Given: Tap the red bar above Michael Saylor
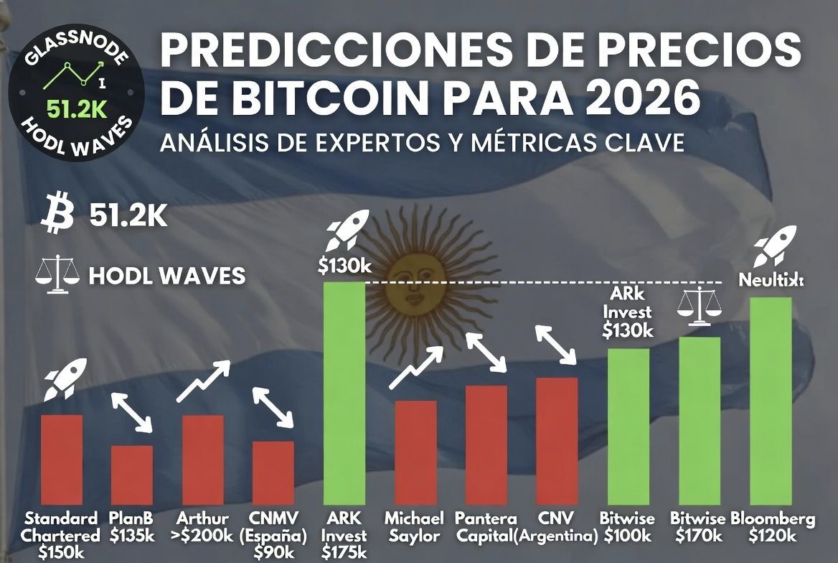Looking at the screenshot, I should tap(415, 452).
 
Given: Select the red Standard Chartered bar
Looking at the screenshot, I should tap(61, 459).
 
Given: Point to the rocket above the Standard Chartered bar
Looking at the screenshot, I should tap(60, 380).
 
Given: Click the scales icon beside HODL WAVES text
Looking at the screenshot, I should tap(57, 275).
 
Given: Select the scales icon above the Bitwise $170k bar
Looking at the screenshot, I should tap(699, 307).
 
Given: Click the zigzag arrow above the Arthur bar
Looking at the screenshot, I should tap(202, 380).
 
